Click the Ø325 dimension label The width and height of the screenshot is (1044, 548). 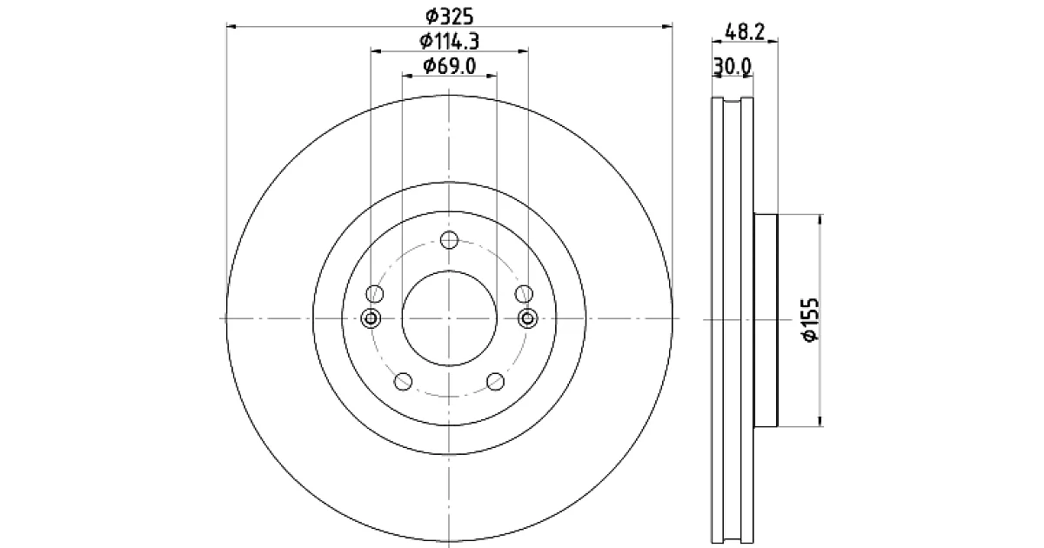[449, 17]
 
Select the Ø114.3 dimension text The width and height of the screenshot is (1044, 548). [449, 42]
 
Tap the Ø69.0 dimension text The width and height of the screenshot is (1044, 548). [449, 66]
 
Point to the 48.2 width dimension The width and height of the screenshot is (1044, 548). [745, 32]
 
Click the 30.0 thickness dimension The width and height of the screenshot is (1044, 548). [733, 67]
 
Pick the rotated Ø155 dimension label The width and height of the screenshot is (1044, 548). [811, 320]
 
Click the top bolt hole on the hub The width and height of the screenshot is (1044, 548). [449, 239]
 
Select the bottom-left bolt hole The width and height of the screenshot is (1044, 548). [403, 381]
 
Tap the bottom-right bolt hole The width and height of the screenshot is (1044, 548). [495, 381]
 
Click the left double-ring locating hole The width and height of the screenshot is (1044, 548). [371, 318]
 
